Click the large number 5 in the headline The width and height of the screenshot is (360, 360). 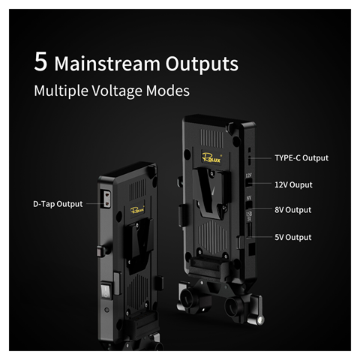tap(40, 61)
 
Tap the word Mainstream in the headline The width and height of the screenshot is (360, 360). tap(107, 64)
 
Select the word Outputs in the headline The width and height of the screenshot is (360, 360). tap(202, 64)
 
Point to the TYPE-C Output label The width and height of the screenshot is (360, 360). tap(301, 158)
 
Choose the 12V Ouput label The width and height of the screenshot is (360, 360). tap(293, 184)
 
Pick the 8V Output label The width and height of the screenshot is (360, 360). tap(293, 210)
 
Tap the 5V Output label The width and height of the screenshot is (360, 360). tap(293, 237)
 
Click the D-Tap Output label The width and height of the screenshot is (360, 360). tap(58, 204)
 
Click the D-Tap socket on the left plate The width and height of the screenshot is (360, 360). tap(106, 199)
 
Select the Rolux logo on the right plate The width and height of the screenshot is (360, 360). tap(211, 157)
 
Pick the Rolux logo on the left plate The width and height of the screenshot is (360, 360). tap(137, 209)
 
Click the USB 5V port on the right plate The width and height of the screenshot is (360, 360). tap(249, 229)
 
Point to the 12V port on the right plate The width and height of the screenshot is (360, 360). tap(249, 183)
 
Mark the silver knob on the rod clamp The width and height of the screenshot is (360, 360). tap(260, 320)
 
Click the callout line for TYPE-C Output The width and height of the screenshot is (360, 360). tap(260, 158)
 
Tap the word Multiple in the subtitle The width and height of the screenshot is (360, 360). tap(61, 91)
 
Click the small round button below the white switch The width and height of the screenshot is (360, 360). tap(106, 310)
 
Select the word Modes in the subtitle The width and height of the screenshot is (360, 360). tap(168, 91)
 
